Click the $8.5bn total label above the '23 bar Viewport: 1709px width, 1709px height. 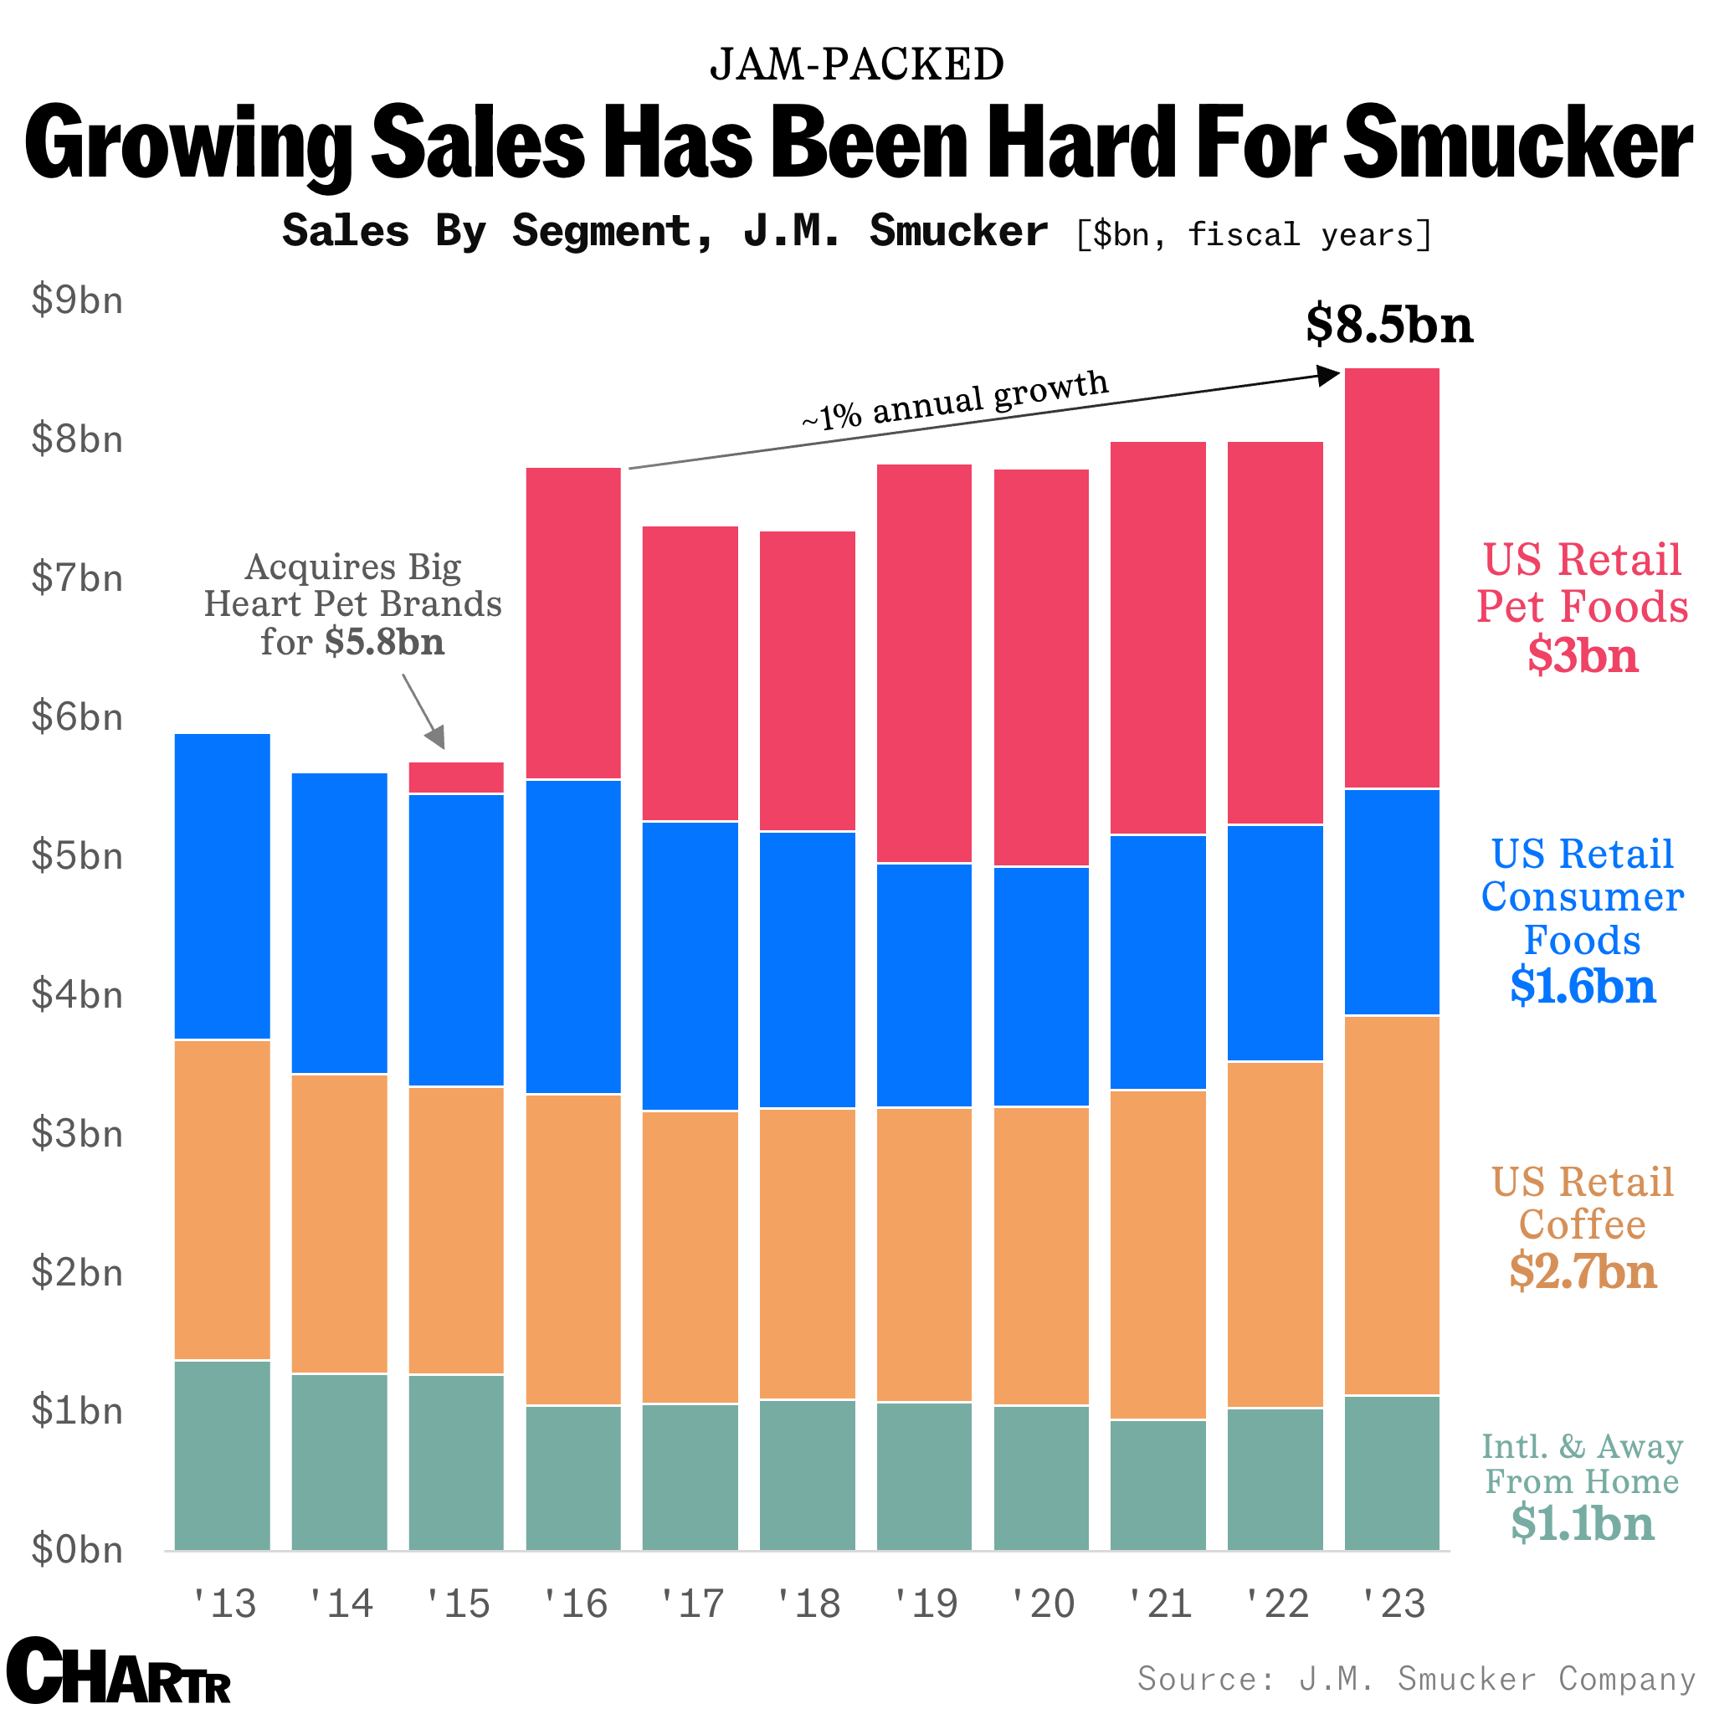[x=1388, y=325]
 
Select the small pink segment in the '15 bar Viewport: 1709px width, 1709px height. [x=456, y=778]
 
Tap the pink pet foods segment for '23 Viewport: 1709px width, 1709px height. [x=1392, y=577]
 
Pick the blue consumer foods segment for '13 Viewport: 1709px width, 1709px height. [x=222, y=886]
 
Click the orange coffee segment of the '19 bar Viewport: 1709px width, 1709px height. [x=924, y=1255]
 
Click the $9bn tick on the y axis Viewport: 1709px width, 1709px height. [x=77, y=300]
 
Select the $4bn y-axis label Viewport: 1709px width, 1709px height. [x=77, y=995]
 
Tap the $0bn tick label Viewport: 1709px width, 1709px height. [x=77, y=1550]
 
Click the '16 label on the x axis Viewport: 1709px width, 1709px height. [x=575, y=1604]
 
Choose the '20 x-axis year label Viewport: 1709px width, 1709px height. [x=1042, y=1604]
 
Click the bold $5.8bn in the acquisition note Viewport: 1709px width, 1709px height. [x=384, y=642]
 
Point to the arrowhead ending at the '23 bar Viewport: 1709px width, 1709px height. [x=1327, y=375]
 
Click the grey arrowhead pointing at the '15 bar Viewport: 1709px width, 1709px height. [x=436, y=739]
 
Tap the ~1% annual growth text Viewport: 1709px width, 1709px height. [x=954, y=400]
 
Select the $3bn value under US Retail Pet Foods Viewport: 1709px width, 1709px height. [x=1583, y=656]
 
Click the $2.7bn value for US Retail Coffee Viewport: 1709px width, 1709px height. [x=1583, y=1271]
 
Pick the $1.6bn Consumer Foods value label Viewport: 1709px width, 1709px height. [x=1583, y=986]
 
